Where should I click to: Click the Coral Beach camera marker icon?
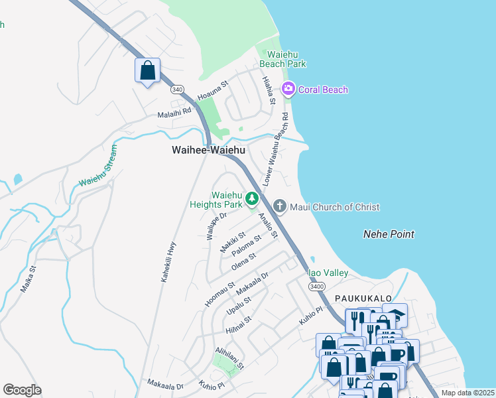pos(288,89)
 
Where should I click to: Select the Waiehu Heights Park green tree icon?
pos(252,198)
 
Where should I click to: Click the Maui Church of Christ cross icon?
pos(279,207)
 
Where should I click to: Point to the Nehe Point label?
pos(389,234)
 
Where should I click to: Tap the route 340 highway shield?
pos(177,88)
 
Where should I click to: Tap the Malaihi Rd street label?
pos(174,114)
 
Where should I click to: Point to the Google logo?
pos(22,390)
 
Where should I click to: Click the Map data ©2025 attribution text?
pos(467,393)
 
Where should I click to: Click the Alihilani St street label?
pos(230,357)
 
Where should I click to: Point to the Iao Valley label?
pos(327,273)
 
